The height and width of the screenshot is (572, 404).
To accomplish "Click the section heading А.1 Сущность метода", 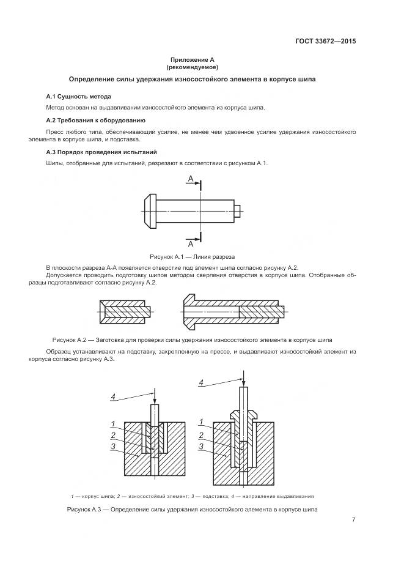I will click(x=79, y=97).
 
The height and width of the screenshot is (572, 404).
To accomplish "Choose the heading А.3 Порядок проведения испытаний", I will click(x=101, y=151).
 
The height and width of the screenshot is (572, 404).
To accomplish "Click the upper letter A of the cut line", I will click(x=191, y=179).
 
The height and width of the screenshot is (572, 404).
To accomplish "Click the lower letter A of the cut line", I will click(x=191, y=242).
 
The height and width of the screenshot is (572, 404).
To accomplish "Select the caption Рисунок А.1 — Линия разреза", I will click(x=192, y=257).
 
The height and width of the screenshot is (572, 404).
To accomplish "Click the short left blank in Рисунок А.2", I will click(x=124, y=311).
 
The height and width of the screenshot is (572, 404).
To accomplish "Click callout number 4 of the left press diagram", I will click(x=112, y=397).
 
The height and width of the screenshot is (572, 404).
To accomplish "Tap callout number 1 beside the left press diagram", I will click(x=114, y=423).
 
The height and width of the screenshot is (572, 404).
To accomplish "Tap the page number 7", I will click(x=353, y=519).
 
